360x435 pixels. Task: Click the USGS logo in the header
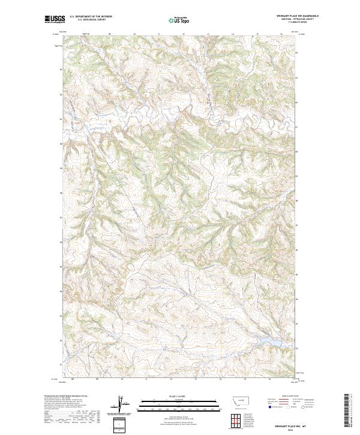[55, 19]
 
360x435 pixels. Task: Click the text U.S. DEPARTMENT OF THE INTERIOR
[91, 16]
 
